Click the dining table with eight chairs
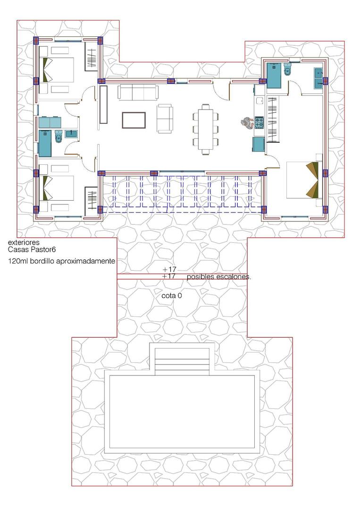(205, 129)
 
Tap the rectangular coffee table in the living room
(134, 120)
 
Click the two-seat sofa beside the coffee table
(165, 119)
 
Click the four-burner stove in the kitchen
(259, 123)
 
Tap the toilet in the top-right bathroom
(287, 71)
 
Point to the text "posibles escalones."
(219, 277)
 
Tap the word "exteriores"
(24, 242)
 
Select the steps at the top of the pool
(182, 358)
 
